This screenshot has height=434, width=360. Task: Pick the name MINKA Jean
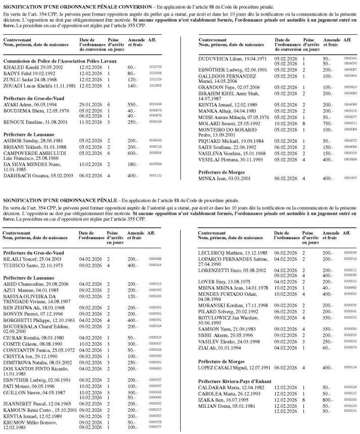pos(213,164)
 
